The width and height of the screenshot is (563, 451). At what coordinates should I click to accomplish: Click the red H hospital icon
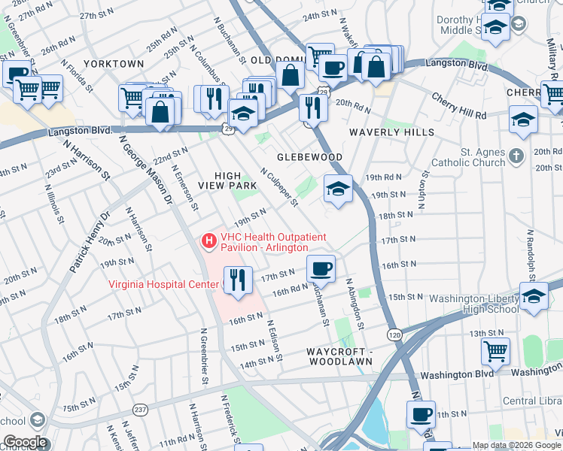click(208, 241)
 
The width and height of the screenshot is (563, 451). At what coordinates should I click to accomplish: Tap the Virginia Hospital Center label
click(165, 284)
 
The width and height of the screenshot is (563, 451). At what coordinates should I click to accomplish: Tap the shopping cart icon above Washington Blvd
click(495, 350)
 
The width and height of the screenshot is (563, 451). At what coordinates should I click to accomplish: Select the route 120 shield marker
click(394, 333)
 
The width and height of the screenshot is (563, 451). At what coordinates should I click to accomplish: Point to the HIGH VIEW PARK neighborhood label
click(223, 178)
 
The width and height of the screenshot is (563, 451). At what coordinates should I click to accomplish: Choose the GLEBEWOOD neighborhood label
click(309, 157)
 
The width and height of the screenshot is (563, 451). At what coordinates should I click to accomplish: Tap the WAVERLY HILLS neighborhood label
click(391, 132)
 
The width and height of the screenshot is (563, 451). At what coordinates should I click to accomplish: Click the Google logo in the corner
click(25, 442)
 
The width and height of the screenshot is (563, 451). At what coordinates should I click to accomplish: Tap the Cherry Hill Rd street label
click(458, 104)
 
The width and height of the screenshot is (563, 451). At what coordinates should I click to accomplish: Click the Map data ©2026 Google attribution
click(515, 445)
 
